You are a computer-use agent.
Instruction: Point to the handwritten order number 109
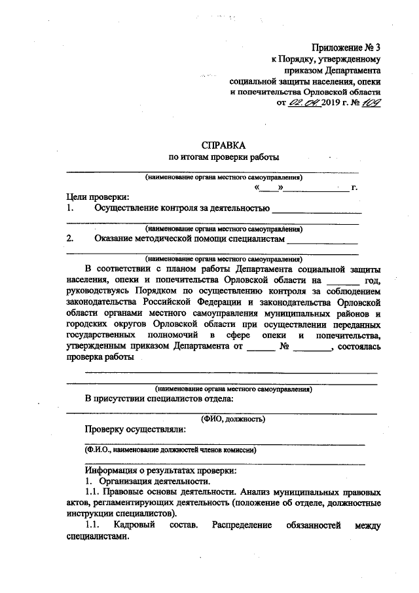pyautogui.click(x=373, y=102)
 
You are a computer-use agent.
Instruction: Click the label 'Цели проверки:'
pyautogui.click(x=98, y=197)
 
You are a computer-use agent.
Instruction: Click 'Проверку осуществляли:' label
pyautogui.click(x=135, y=430)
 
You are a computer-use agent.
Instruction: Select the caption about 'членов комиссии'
pyautogui.click(x=170, y=450)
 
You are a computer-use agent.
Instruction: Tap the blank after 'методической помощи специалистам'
pyautogui.click(x=322, y=240)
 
